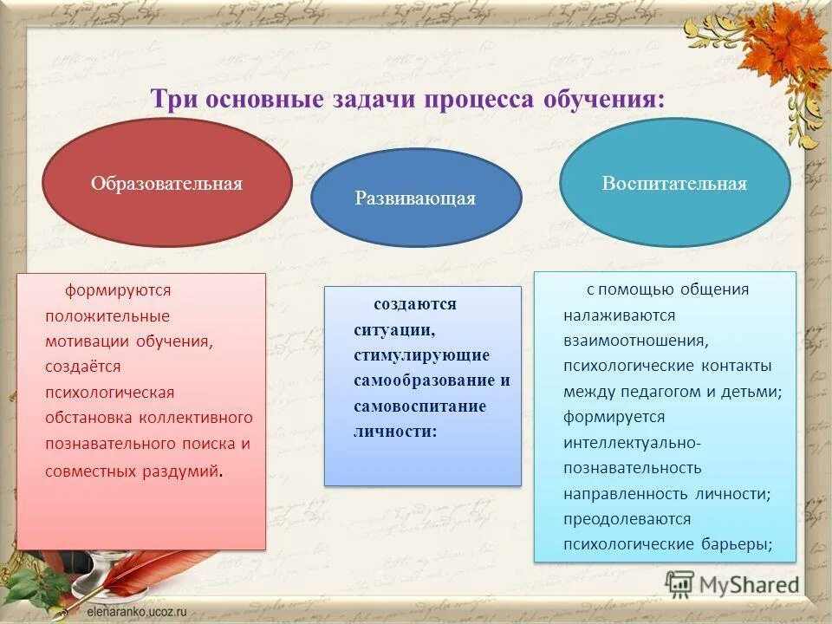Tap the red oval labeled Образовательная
coord(166,184)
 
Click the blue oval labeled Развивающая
coord(416,198)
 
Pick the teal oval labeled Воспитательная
coord(674,184)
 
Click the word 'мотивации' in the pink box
coord(87,341)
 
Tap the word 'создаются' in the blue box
coord(415,304)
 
